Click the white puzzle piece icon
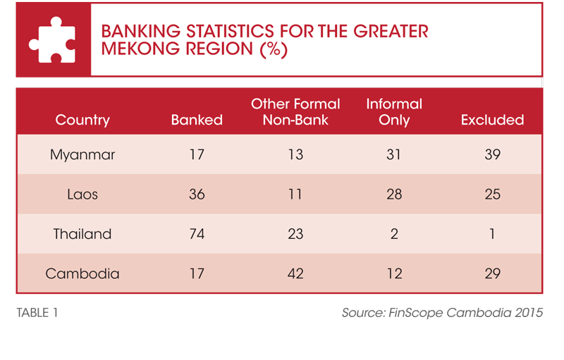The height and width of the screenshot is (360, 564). tap(52, 40)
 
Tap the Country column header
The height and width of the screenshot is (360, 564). tap(82, 120)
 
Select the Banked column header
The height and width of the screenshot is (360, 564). tap(197, 120)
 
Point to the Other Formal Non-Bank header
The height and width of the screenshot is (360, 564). tap(295, 112)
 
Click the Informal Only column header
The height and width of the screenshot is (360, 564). tap(394, 112)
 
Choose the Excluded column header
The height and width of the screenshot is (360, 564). tap(492, 120)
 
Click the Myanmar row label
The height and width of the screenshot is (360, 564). tap(82, 155)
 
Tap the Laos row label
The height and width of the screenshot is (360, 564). tap(82, 194)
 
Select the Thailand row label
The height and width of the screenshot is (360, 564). tap(82, 234)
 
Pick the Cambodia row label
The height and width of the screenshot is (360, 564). tap(82, 274)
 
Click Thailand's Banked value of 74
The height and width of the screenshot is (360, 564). tap(197, 235)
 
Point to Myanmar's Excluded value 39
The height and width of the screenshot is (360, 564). tap(492, 154)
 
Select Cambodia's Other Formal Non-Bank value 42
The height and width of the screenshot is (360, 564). tap(295, 274)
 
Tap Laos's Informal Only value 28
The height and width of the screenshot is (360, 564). tap(394, 194)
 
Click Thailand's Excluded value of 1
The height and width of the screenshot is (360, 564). tap(492, 235)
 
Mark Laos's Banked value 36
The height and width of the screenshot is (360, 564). tap(197, 194)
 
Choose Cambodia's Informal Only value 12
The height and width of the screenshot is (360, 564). tap(394, 274)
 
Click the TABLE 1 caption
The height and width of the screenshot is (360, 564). tap(37, 313)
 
